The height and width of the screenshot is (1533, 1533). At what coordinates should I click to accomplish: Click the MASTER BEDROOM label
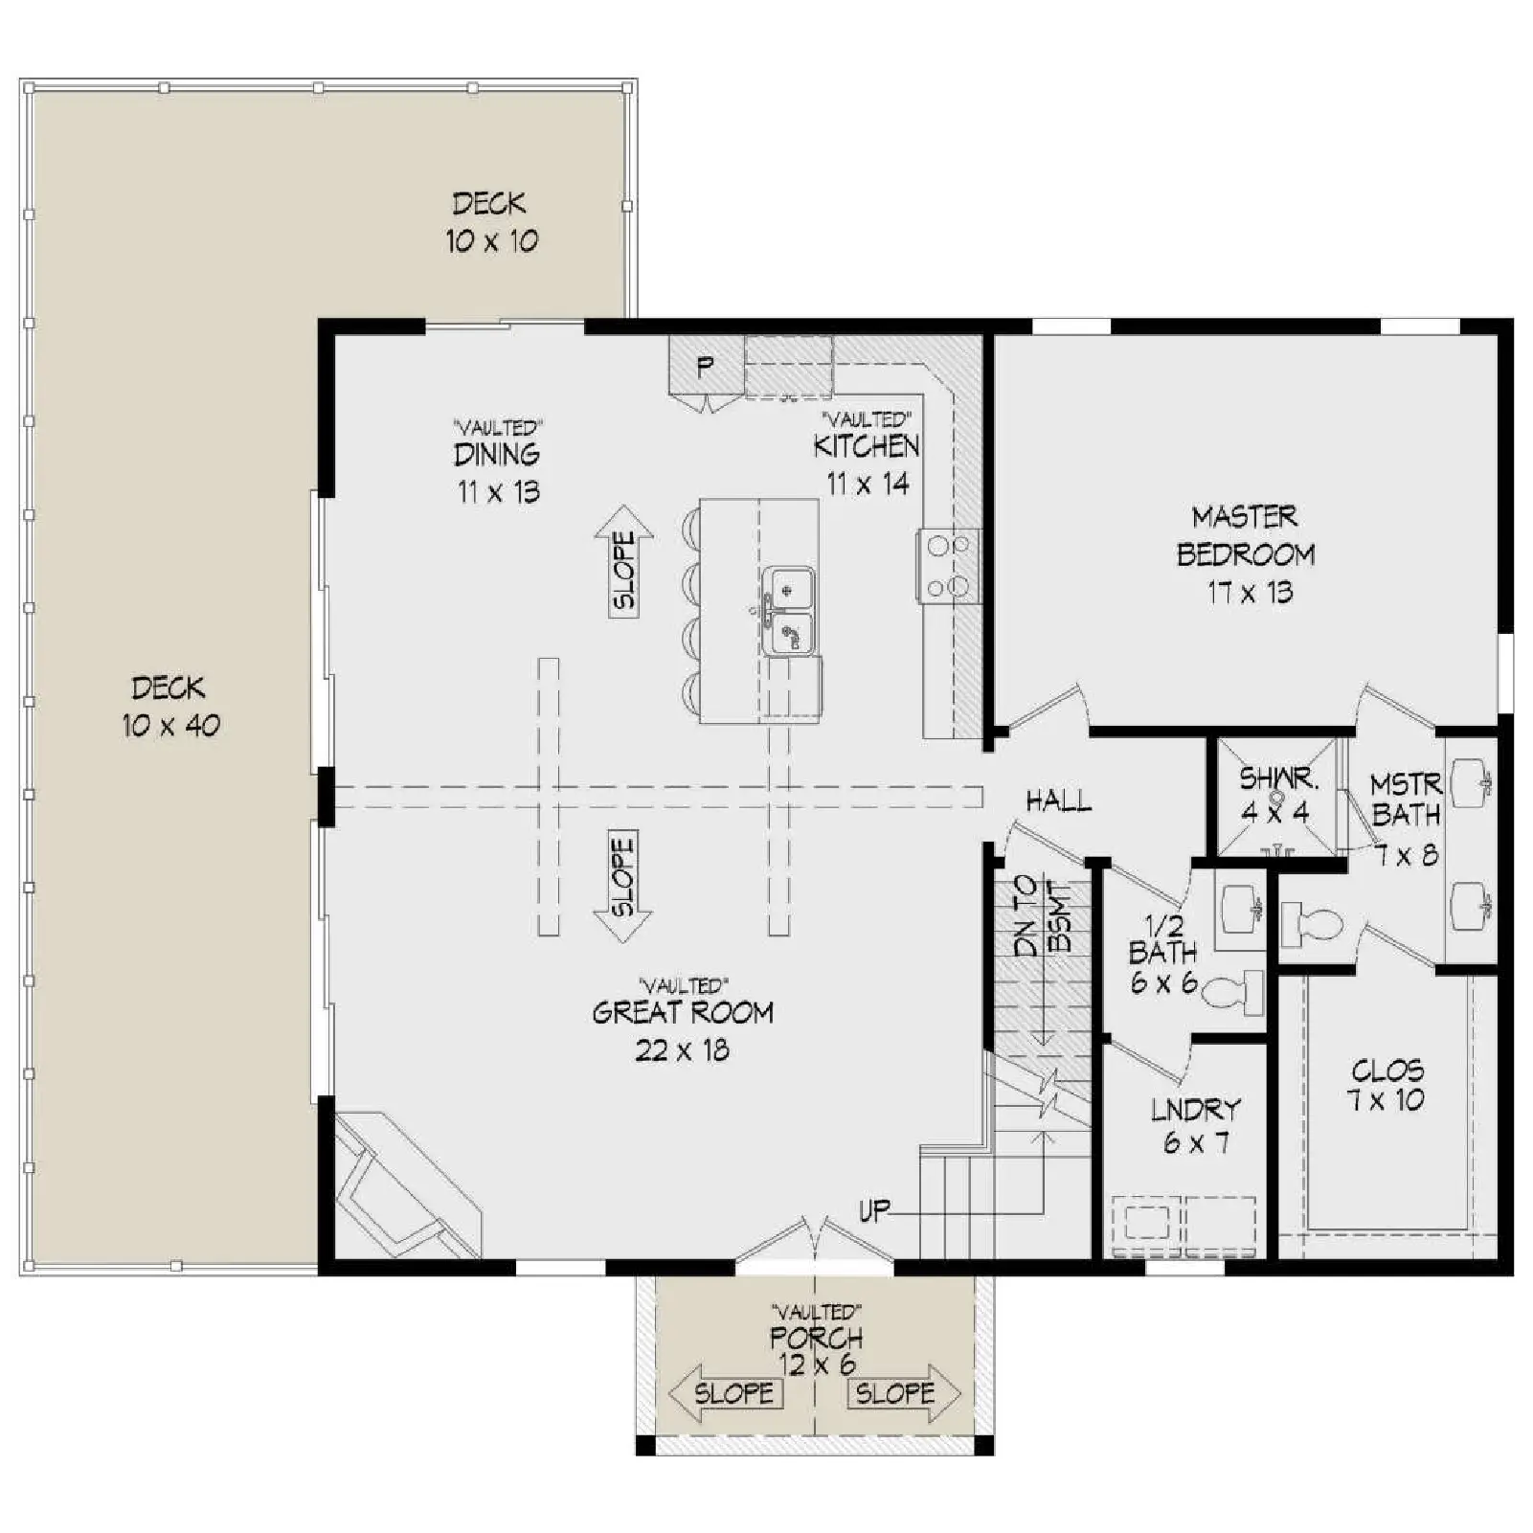[x=1246, y=554]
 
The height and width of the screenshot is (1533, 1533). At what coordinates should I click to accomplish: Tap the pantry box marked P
[x=706, y=365]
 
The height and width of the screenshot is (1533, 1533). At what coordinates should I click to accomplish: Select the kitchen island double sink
[x=789, y=610]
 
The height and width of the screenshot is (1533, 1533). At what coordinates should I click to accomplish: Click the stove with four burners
[x=949, y=566]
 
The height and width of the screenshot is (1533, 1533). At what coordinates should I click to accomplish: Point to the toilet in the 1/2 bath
[x=1233, y=993]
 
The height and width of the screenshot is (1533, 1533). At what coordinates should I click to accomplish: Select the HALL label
[x=1058, y=800]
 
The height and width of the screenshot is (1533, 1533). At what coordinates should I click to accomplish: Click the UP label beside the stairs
[x=873, y=1211]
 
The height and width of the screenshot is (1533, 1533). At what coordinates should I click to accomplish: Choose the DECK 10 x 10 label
[x=490, y=222]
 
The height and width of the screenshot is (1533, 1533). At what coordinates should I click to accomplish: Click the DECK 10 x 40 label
[x=170, y=707]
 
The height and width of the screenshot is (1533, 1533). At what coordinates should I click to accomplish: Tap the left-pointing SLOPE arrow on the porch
[x=725, y=1393]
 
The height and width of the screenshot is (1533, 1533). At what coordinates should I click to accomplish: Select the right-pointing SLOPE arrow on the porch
[x=904, y=1393]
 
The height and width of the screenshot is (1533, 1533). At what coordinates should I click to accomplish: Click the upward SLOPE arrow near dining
[x=623, y=561]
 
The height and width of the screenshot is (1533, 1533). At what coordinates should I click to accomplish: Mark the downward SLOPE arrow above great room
[x=622, y=887]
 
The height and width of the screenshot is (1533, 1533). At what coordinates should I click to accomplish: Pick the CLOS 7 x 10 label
[x=1387, y=1085]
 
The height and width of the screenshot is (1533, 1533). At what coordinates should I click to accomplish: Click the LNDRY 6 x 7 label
[x=1196, y=1126]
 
